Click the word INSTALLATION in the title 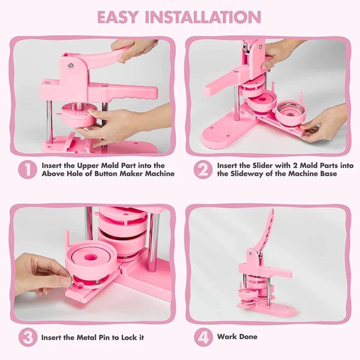click(x=204, y=17)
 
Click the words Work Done click(x=237, y=337)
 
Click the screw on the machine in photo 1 click(x=71, y=65)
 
